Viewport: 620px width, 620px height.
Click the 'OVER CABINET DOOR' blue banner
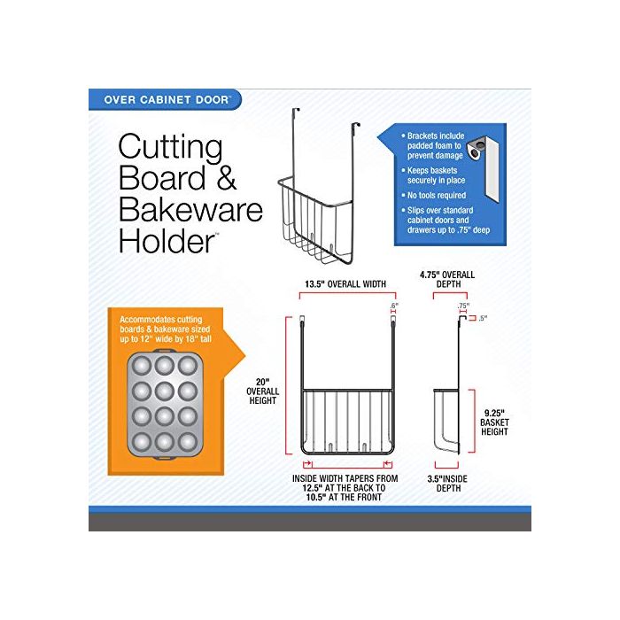click(x=165, y=99)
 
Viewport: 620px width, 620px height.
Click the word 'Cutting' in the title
click(x=170, y=148)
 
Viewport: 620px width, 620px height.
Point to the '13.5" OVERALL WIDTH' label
click(x=345, y=284)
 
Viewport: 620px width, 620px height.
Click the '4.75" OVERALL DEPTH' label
click(x=447, y=279)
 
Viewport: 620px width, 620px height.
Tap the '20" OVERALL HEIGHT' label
click(x=262, y=391)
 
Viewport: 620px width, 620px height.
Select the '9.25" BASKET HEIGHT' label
click(x=494, y=422)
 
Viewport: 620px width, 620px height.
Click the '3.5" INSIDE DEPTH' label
click(x=447, y=484)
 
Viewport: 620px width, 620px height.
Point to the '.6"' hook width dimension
click(x=394, y=306)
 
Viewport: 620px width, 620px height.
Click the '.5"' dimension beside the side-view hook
click(x=483, y=318)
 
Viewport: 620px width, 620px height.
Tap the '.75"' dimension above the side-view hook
click(x=463, y=306)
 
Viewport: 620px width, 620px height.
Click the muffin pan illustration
click(x=165, y=404)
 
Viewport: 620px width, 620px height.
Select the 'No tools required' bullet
click(x=434, y=196)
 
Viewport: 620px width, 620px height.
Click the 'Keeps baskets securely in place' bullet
click(x=433, y=175)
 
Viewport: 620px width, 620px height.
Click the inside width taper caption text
click(x=345, y=488)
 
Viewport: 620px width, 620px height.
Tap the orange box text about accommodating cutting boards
click(x=166, y=329)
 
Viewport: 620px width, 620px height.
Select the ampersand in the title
click(x=227, y=178)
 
